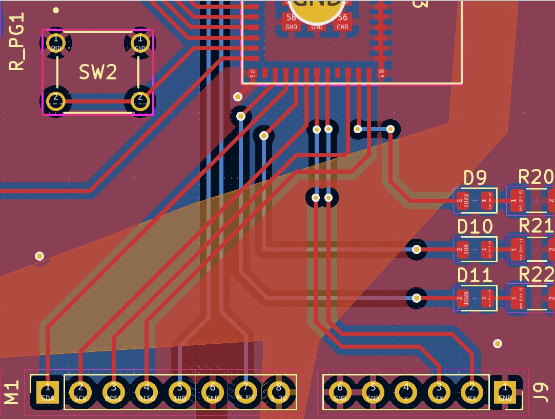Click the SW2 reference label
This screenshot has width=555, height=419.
(x=98, y=72)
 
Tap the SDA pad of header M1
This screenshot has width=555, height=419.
(x=47, y=392)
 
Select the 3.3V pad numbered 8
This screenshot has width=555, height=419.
(x=278, y=392)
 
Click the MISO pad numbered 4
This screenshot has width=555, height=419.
(x=147, y=392)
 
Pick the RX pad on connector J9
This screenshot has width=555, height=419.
(x=472, y=392)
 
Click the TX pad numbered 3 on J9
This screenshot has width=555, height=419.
(x=439, y=392)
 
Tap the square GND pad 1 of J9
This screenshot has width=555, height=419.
(x=505, y=392)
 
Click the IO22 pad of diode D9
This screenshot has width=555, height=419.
(x=465, y=200)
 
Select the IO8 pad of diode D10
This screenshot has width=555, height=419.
(x=465, y=249)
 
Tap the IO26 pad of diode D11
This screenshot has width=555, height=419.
(x=465, y=298)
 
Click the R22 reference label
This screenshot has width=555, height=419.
(x=536, y=275)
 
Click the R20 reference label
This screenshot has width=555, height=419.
(x=536, y=177)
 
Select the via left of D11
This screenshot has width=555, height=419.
(x=417, y=298)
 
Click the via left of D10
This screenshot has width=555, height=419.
(x=417, y=249)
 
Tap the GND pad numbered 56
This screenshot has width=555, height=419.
(x=342, y=22)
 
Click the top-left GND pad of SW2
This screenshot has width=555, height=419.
(x=56, y=43)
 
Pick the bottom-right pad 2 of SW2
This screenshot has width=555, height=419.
(x=139, y=100)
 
